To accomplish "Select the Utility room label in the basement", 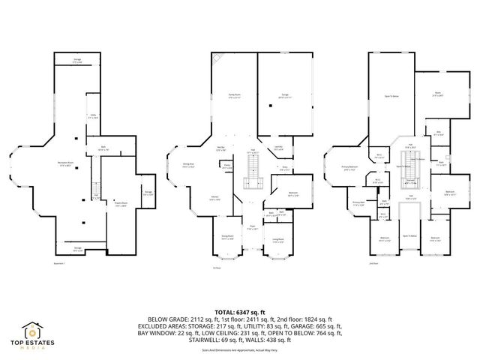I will (x=92, y=116).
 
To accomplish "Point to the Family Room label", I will (x=234, y=95).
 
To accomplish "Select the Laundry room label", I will (x=277, y=148).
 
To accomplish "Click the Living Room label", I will (x=277, y=241).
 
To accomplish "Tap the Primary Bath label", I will (x=358, y=202).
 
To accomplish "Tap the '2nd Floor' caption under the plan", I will (x=373, y=264).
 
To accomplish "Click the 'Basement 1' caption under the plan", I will (x=60, y=264).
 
